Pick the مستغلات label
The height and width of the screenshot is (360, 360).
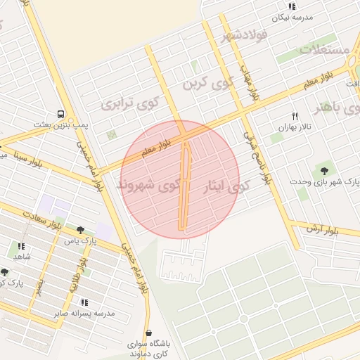point(325,49)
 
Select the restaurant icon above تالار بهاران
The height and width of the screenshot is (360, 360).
point(295,116)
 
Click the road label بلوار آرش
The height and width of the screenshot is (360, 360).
point(324,229)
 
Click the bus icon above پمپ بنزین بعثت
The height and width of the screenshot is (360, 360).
point(60,113)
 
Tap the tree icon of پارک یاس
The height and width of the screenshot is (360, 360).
point(82,229)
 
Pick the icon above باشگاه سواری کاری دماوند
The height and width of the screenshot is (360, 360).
point(148,333)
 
